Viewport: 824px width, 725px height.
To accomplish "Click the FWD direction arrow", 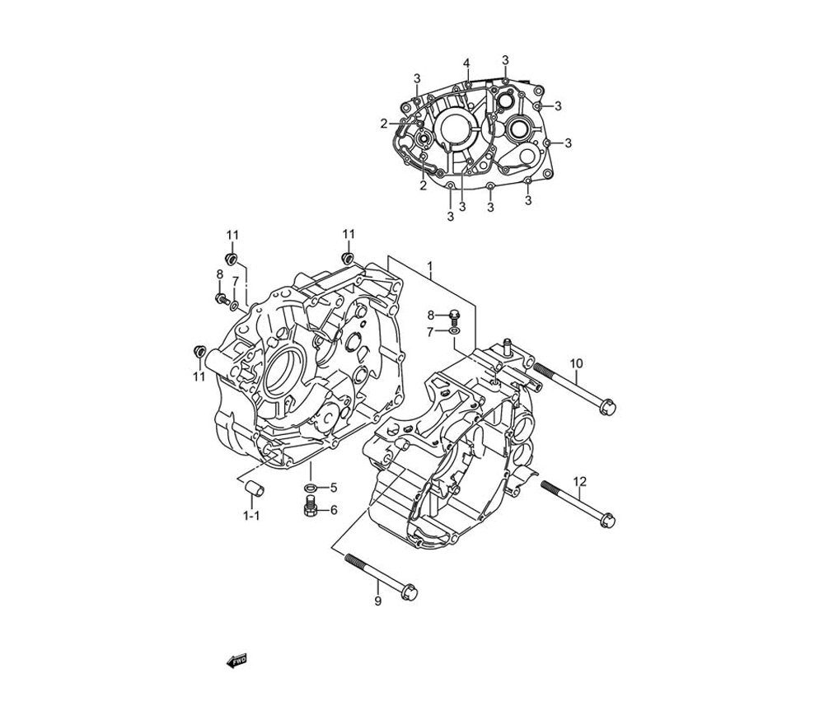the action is coord(236,661).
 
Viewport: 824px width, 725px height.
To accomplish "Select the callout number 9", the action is coord(378,601).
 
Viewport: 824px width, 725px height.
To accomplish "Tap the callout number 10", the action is coord(577,363).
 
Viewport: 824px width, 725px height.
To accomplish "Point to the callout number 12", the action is coord(579,480).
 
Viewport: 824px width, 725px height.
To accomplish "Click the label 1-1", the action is coord(251,516).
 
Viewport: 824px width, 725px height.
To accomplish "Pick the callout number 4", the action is coord(466,63).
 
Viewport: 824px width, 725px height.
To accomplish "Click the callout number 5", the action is coord(333,488).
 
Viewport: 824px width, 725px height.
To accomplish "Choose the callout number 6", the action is coord(334,510).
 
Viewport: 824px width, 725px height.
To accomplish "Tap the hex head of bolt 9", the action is coord(410,592).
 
